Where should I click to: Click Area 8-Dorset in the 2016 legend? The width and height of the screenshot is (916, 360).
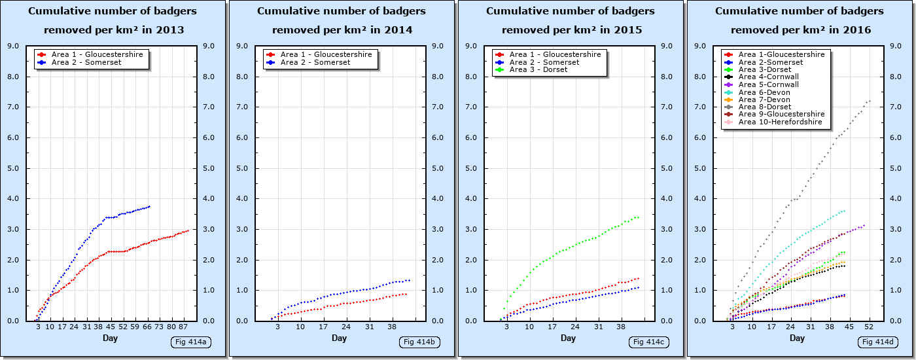pyautogui.click(x=765, y=107)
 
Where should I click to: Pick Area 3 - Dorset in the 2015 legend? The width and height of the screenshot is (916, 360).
pyautogui.click(x=538, y=70)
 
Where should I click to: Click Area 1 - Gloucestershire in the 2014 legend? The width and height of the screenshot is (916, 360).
pyautogui.click(x=326, y=54)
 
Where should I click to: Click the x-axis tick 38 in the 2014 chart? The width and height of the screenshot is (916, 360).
pyautogui.click(x=392, y=327)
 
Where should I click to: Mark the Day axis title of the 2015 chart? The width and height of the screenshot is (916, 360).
pyautogui.click(x=568, y=338)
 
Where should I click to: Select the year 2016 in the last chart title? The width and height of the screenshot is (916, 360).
pyautogui.click(x=858, y=30)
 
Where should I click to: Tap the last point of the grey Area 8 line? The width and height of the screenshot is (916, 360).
pyautogui.click(x=870, y=101)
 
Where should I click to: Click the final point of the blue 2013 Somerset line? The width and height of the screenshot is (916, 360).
pyautogui.click(x=150, y=206)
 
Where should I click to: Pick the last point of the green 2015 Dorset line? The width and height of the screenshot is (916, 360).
pyautogui.click(x=639, y=217)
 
